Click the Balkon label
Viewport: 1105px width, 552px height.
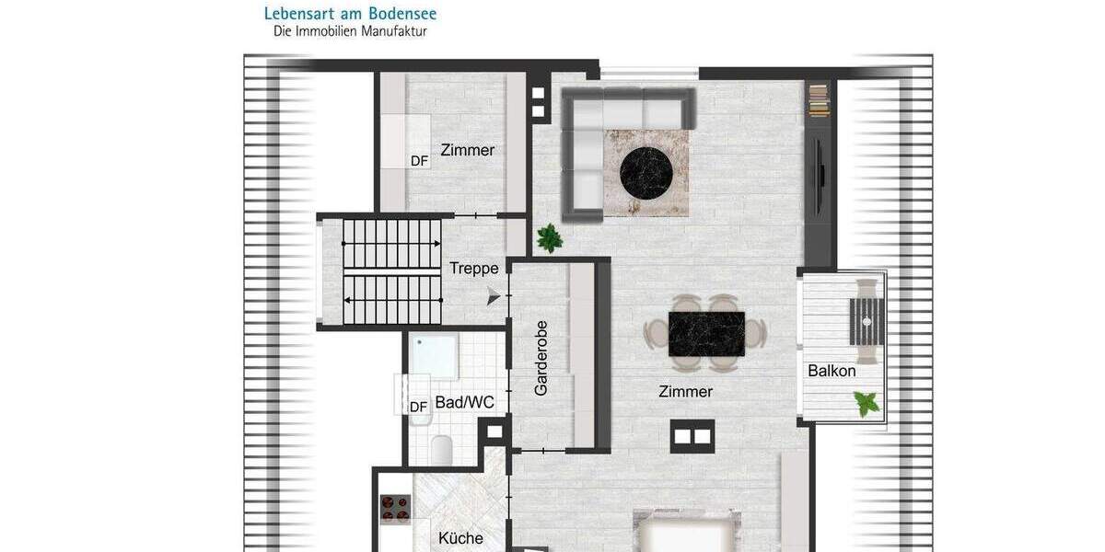(832, 372)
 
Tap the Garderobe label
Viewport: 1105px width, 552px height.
(541, 358)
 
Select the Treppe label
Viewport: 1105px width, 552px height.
(474, 269)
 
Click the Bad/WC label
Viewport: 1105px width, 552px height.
(465, 402)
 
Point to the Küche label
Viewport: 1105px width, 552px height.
(460, 539)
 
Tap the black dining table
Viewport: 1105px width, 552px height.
(706, 332)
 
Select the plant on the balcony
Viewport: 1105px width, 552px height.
(866, 402)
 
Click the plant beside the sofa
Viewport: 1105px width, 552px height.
(550, 238)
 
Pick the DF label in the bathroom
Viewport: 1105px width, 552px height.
(419, 407)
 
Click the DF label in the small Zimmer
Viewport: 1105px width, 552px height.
(420, 161)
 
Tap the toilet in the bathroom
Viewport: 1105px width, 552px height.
(441, 449)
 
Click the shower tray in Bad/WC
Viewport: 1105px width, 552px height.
(433, 357)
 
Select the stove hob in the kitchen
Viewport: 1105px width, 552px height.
(396, 508)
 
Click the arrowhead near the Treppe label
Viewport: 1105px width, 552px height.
(494, 296)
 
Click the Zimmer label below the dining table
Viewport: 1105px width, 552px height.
(686, 392)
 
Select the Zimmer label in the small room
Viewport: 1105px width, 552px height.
(468, 150)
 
